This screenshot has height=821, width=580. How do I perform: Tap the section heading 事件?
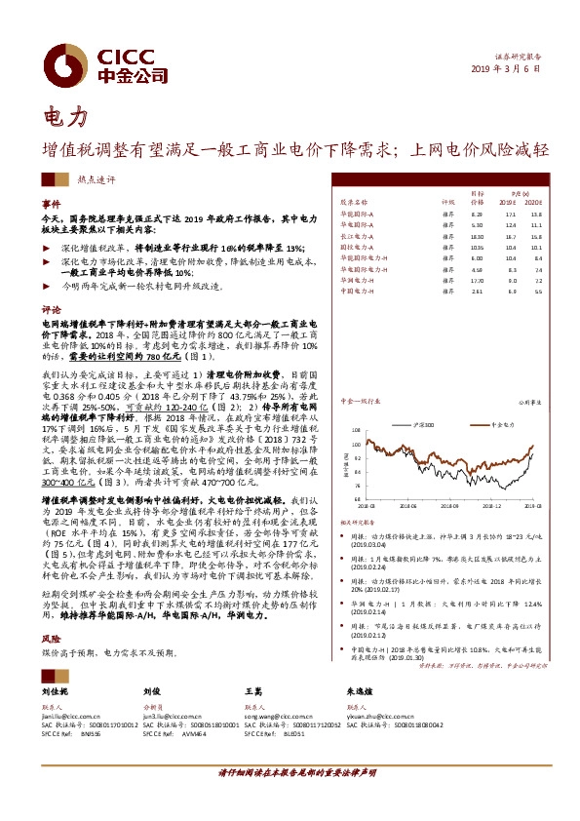[51, 204]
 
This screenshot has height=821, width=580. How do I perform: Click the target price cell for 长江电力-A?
[477, 237]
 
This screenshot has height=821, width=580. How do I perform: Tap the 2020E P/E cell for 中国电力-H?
[538, 291]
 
